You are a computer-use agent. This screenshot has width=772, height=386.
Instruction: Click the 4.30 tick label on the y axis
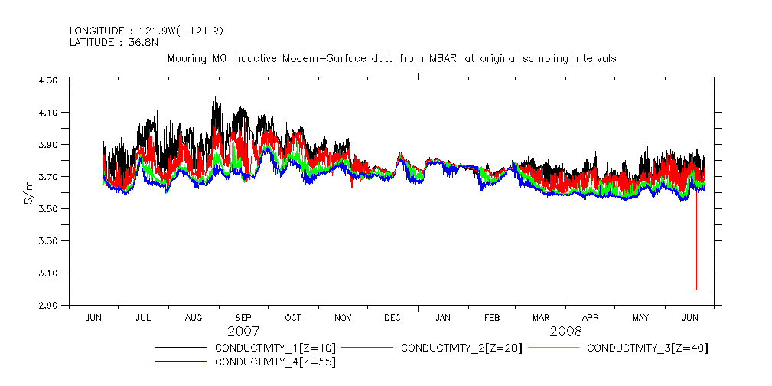click(48, 80)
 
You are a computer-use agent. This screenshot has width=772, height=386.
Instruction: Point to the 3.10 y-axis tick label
click(48, 273)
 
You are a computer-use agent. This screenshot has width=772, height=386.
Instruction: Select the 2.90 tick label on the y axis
click(48, 306)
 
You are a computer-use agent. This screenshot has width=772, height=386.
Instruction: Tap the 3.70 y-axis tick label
click(48, 177)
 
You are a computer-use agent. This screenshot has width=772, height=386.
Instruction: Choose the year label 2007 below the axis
click(243, 332)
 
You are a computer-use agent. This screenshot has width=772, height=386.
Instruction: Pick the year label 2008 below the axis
click(565, 332)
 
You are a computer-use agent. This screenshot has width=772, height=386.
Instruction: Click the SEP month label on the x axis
click(243, 317)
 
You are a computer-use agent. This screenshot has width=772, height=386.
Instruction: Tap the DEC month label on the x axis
click(393, 317)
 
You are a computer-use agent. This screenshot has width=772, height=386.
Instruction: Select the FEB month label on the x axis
click(492, 317)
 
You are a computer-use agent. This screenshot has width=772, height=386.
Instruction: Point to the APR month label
click(591, 317)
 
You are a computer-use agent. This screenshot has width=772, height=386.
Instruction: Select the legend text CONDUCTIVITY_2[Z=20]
click(461, 348)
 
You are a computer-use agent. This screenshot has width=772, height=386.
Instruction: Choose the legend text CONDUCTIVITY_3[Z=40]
click(647, 348)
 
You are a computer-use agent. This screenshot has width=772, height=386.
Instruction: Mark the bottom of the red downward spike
click(696, 289)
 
